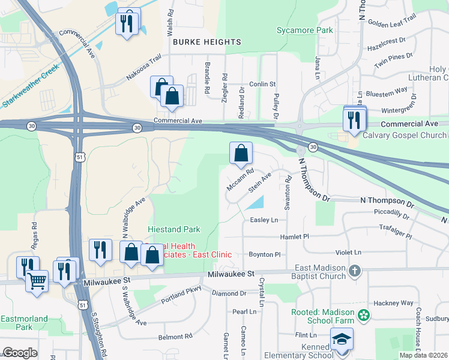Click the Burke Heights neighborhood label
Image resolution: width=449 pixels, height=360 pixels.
tap(207, 42)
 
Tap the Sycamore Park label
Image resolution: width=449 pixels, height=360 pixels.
tap(304, 30)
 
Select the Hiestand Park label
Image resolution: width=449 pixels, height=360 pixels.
tap(174, 229)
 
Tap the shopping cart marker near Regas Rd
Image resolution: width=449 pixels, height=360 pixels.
tap(37, 280)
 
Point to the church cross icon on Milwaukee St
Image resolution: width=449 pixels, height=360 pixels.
tap(354, 271)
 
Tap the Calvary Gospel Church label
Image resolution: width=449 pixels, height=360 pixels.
tap(396, 136)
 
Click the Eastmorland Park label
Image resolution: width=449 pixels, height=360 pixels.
tap(24, 323)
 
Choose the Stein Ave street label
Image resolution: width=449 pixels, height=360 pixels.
tap(261, 182)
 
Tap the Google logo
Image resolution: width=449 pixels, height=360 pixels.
tap(20, 353)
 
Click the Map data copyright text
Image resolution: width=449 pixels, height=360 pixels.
tap(423, 355)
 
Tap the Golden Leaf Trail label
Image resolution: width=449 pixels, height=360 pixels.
tap(392, 20)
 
